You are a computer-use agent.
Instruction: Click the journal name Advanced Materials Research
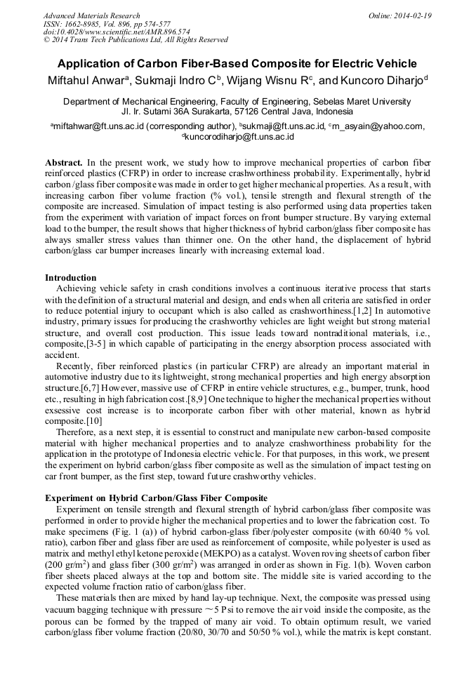[x=91, y=15]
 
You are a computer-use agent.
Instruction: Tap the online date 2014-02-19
[x=416, y=15]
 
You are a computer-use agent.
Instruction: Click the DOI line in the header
[x=116, y=32]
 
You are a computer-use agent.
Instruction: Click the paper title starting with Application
[x=237, y=63]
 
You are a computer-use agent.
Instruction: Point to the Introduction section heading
[x=70, y=278]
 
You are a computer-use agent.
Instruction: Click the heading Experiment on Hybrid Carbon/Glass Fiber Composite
[x=156, y=498]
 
